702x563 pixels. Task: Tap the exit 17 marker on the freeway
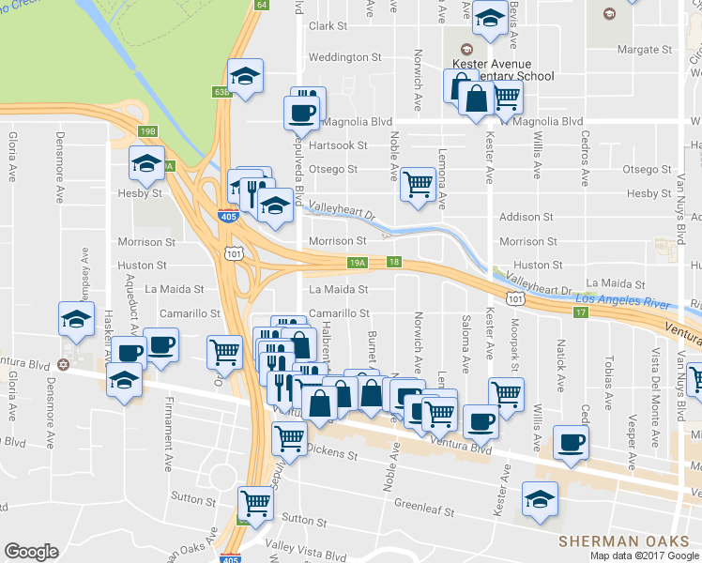(582, 312)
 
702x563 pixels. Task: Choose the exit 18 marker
(393, 263)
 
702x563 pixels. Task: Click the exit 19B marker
(148, 131)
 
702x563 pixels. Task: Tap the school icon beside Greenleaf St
(540, 499)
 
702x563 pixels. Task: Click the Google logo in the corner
(31, 552)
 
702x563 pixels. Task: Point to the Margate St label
(644, 49)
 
